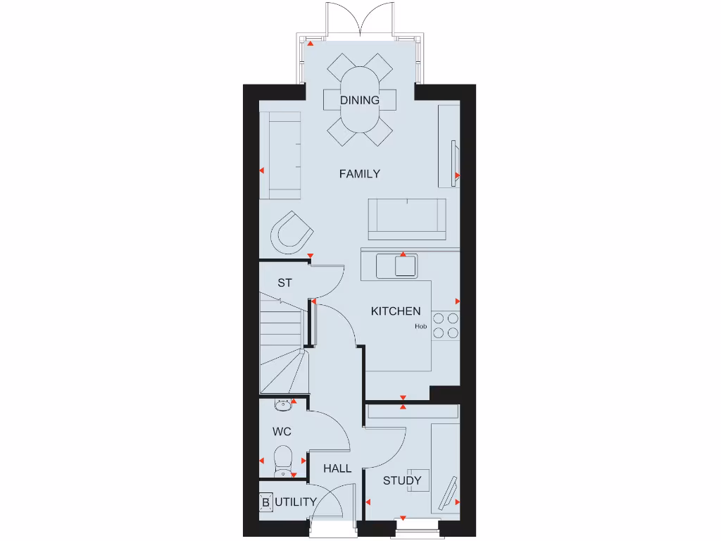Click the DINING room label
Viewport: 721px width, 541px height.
click(x=360, y=100)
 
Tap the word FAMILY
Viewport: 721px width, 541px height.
click(x=359, y=173)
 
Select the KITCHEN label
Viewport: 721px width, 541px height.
click(x=396, y=311)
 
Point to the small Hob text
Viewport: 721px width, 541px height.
click(x=421, y=326)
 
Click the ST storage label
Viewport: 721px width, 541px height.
click(x=284, y=283)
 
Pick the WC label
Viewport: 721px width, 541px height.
click(x=282, y=431)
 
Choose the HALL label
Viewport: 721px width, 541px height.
click(x=337, y=468)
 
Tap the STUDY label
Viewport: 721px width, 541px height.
click(x=402, y=480)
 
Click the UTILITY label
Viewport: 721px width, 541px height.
click(x=295, y=502)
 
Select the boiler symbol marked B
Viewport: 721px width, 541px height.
click(x=266, y=502)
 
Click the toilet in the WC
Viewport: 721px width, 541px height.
click(x=282, y=459)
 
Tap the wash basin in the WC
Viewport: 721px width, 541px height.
click(x=283, y=404)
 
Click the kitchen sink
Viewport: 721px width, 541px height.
click(x=396, y=267)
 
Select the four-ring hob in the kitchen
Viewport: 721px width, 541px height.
click(x=445, y=325)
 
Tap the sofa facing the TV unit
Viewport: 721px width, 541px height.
click(x=407, y=216)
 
